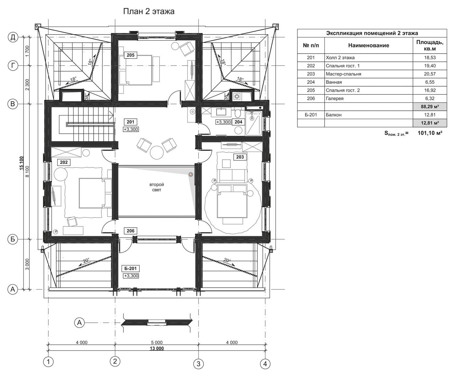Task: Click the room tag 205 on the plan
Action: (131, 55)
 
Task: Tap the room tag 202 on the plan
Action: (64, 162)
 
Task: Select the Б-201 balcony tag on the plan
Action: (131, 269)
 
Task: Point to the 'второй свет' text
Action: (157, 187)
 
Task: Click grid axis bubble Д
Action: (13, 37)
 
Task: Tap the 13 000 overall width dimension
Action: (157, 348)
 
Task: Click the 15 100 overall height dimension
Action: (21, 163)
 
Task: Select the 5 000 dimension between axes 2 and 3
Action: (157, 342)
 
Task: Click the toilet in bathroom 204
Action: (238, 112)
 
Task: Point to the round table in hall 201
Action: (157, 153)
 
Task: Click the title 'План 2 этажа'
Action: (149, 11)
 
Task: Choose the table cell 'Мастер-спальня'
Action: (344, 74)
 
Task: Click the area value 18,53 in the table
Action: (430, 58)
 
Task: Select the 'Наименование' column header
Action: (369, 46)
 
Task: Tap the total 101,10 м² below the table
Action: (430, 133)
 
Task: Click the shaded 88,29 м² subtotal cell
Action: (430, 107)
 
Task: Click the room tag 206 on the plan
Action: (131, 231)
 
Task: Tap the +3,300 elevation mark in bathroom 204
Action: (223, 122)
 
